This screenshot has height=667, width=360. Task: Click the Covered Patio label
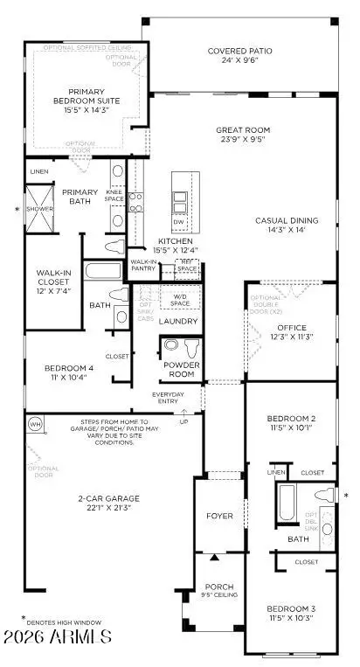(x=239, y=52)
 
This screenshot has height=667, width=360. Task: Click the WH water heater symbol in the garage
(x=35, y=424)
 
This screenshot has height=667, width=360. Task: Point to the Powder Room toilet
(x=173, y=347)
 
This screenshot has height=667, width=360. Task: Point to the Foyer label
(x=219, y=517)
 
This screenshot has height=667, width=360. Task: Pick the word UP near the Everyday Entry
(x=183, y=422)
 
